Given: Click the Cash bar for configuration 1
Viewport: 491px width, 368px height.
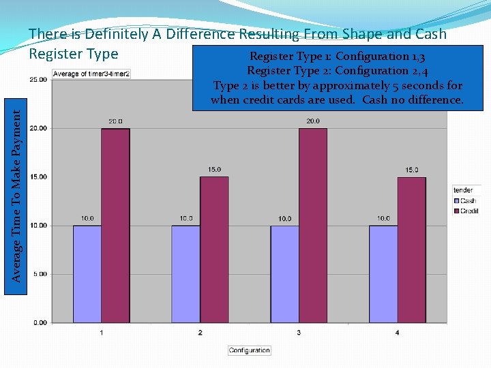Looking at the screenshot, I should pyautogui.click(x=87, y=273).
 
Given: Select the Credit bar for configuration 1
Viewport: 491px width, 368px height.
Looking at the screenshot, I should pyautogui.click(x=115, y=225).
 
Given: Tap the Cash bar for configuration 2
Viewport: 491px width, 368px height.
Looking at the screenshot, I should pyautogui.click(x=185, y=273).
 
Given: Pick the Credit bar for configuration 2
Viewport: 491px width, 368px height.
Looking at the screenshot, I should pyautogui.click(x=214, y=249).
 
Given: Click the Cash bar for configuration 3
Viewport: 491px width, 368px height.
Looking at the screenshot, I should pyautogui.click(x=284, y=273).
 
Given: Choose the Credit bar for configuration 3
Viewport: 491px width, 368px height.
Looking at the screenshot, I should pyautogui.click(x=313, y=225).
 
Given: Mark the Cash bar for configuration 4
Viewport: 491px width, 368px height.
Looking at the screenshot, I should pyautogui.click(x=383, y=273).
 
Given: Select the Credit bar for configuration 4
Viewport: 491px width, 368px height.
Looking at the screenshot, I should pyautogui.click(x=412, y=249).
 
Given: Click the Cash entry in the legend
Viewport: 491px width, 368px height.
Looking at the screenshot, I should pyautogui.click(x=467, y=200).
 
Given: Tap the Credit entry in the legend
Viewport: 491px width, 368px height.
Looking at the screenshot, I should pyautogui.click(x=468, y=211).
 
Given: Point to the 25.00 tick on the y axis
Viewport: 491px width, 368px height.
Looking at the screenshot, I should pyautogui.click(x=38, y=80).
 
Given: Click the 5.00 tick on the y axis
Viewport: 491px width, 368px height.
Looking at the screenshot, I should pyautogui.click(x=40, y=274).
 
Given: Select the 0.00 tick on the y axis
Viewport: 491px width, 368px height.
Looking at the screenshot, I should pyautogui.click(x=40, y=322).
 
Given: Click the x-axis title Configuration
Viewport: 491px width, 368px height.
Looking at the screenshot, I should pyautogui.click(x=249, y=350).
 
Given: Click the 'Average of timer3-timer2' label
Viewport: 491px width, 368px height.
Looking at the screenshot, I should pyautogui.click(x=91, y=74).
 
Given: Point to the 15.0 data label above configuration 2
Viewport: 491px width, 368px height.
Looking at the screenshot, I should pyautogui.click(x=214, y=170).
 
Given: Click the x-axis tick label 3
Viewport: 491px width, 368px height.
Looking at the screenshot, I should pyautogui.click(x=299, y=333).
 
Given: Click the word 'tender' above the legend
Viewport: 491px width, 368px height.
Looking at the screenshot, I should pyautogui.click(x=463, y=190).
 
